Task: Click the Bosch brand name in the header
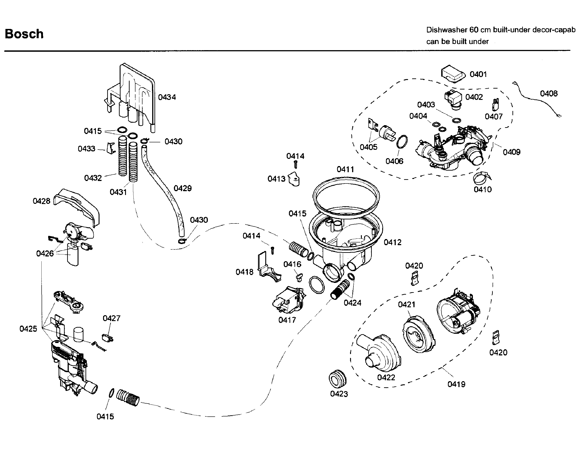pos(24,34)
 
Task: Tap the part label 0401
pos(478,74)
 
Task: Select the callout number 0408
pos(549,94)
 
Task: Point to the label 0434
pos(167,97)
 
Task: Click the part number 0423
pos(339,394)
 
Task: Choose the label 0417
pos(287,320)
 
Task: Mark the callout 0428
pos(41,201)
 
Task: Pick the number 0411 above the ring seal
pos(345,169)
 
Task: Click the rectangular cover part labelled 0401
pos(453,74)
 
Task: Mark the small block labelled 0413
pos(294,179)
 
